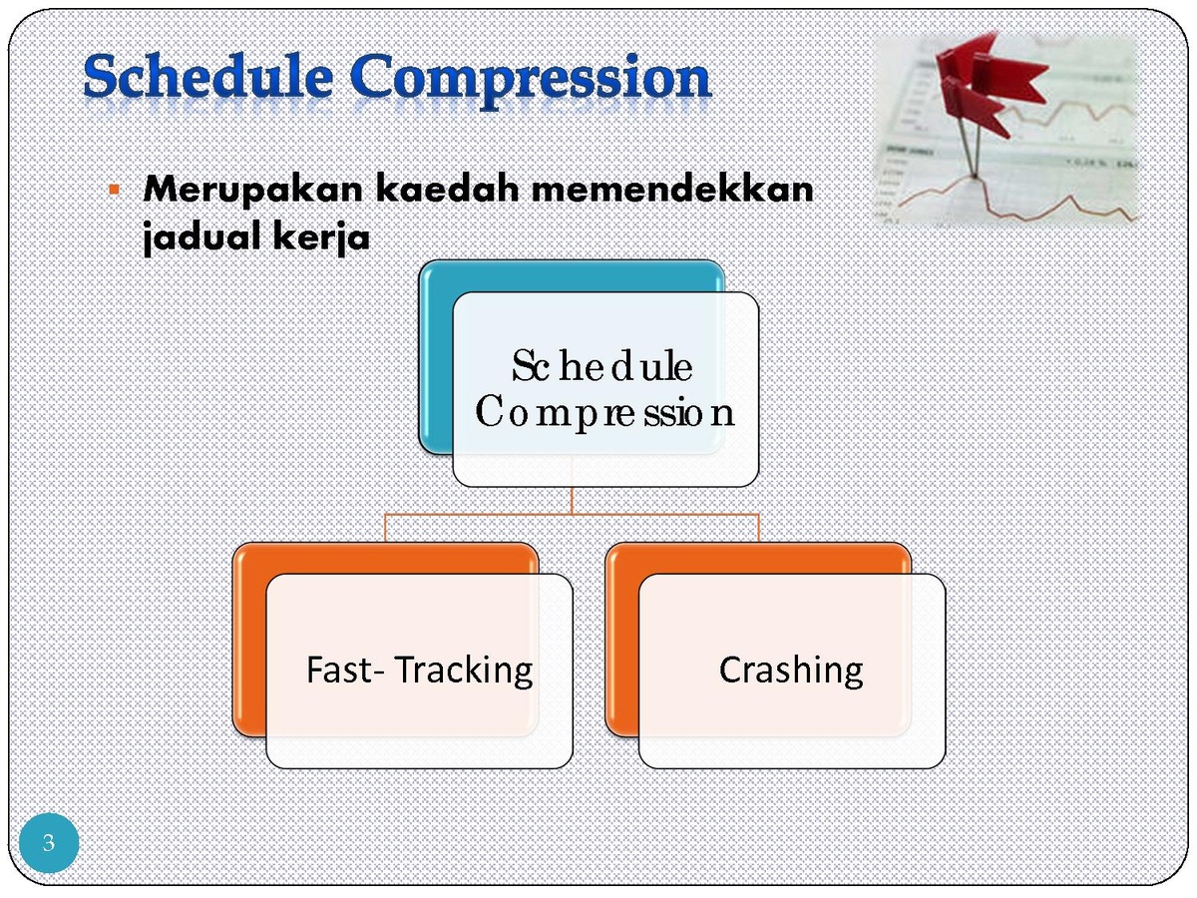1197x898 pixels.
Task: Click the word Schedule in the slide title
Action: (208, 76)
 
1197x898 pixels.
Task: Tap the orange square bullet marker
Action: (114, 190)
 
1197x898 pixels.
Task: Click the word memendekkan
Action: (672, 189)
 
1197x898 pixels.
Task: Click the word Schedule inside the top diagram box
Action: (602, 366)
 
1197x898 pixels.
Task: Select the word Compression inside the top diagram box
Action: (604, 413)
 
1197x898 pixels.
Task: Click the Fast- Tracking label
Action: (419, 670)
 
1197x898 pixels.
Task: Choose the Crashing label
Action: (791, 670)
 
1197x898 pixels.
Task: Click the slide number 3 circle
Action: (49, 843)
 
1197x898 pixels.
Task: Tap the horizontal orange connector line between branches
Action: (572, 514)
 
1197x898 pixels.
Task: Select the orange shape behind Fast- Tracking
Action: (249, 644)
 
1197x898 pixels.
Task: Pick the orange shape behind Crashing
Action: (621, 644)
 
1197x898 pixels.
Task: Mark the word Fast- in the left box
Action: (346, 670)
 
